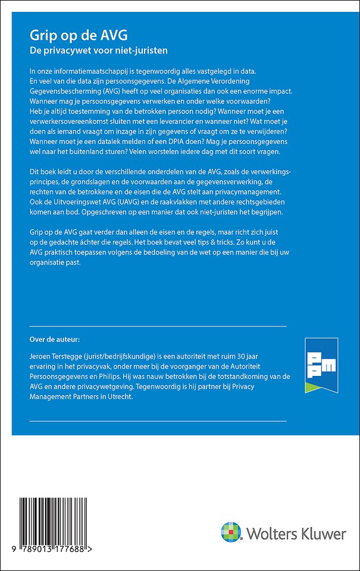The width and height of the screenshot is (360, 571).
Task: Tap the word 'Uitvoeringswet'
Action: click(66, 202)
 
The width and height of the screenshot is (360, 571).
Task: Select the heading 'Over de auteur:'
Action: click(54, 340)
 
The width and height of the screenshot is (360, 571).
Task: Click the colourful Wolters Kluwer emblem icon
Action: click(231, 532)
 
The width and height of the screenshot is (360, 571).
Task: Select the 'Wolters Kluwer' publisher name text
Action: click(295, 534)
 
